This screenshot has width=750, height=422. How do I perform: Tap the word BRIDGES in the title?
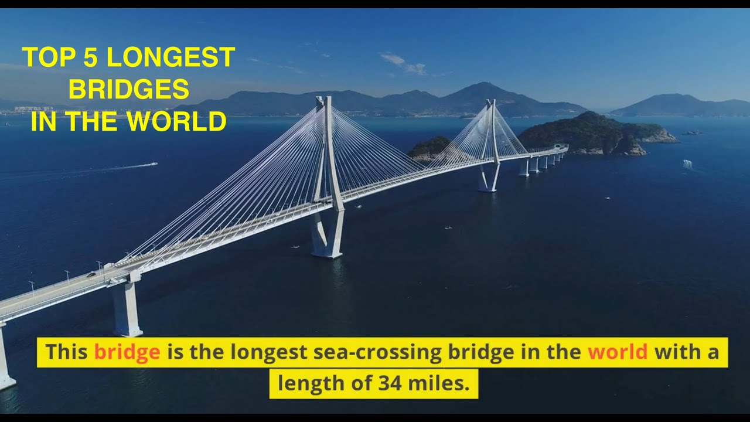coord(129,90)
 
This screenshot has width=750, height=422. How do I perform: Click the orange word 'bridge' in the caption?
coord(127,352)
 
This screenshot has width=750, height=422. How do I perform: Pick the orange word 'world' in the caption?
coord(618,352)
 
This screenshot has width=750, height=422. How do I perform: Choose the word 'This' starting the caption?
coord(67,352)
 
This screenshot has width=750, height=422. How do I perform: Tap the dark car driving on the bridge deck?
coord(91,274)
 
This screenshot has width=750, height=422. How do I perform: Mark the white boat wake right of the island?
coord(687,164)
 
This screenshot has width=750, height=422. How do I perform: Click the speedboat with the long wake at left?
coord(154,164)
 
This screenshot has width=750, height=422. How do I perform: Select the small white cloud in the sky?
coord(403,63)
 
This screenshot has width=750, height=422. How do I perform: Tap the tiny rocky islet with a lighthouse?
coord(694,132)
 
